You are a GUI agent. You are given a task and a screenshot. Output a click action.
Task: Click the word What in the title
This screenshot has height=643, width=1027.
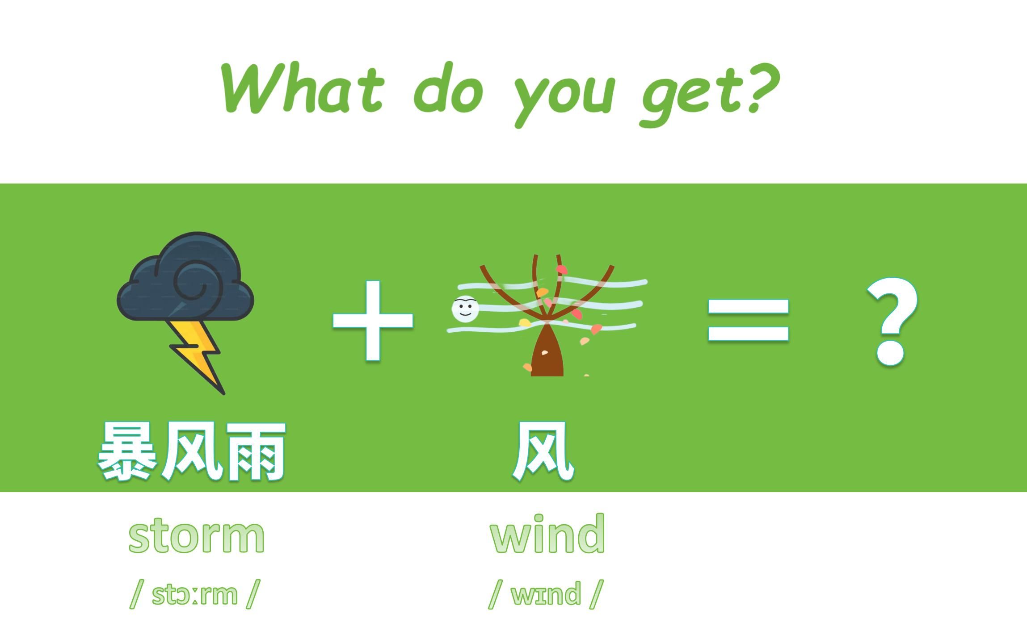[302, 88]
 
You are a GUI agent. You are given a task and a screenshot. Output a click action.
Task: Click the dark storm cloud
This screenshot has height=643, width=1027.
[185, 277]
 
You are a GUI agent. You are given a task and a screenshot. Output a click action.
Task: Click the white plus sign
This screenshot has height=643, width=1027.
[373, 321]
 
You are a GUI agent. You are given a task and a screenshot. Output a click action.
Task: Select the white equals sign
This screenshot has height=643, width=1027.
[749, 321]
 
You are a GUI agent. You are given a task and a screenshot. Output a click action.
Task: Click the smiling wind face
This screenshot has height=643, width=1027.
[465, 309]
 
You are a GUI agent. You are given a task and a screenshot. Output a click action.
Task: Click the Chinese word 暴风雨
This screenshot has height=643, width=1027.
[191, 452]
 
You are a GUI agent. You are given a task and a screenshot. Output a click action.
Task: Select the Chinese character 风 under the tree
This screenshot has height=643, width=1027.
[543, 452]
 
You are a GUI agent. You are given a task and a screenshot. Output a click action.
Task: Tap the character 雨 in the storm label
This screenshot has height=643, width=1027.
[255, 452]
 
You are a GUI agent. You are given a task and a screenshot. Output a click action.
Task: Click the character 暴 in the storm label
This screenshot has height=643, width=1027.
[128, 452]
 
